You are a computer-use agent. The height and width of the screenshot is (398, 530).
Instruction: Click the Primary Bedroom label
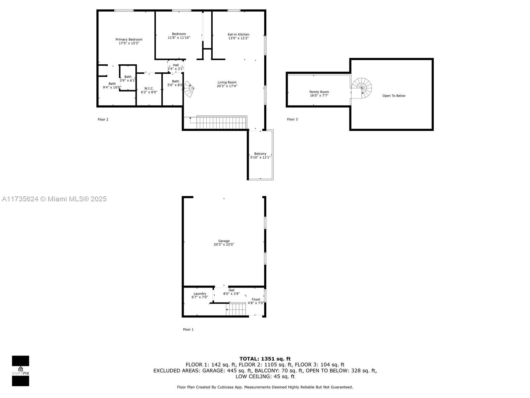click(129, 39)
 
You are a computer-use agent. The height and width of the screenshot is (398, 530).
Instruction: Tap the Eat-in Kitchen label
click(238, 34)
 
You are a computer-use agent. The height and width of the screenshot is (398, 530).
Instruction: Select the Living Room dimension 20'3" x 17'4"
click(227, 86)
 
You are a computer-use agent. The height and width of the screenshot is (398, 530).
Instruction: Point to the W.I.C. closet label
click(149, 89)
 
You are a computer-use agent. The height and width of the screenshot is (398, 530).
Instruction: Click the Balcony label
click(260, 154)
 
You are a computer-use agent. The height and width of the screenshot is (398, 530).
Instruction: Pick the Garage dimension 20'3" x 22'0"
click(224, 244)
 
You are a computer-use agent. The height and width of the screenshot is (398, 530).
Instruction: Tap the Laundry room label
click(200, 294)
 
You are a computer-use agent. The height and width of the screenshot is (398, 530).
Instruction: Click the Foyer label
click(256, 299)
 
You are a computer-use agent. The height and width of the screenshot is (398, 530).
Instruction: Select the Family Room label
click(319, 92)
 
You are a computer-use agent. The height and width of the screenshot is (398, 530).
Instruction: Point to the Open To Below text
click(394, 96)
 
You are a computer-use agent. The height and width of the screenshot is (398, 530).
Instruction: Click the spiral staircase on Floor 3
click(361, 88)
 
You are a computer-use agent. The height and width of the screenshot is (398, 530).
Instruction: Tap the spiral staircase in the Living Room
click(189, 89)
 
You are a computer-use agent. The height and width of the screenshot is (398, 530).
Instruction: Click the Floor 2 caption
click(103, 119)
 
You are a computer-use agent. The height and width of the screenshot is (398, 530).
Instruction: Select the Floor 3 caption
click(292, 119)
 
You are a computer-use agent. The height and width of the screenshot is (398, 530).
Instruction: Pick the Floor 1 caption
click(188, 329)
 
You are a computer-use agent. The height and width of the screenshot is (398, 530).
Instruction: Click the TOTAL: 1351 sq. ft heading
click(265, 359)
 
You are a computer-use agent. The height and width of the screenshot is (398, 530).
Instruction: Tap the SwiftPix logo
click(21, 371)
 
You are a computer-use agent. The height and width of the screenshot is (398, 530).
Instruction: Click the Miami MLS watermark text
click(54, 199)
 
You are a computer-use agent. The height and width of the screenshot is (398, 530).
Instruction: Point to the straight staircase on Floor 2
click(221, 122)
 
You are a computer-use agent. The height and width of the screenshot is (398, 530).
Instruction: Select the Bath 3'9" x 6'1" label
click(128, 79)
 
